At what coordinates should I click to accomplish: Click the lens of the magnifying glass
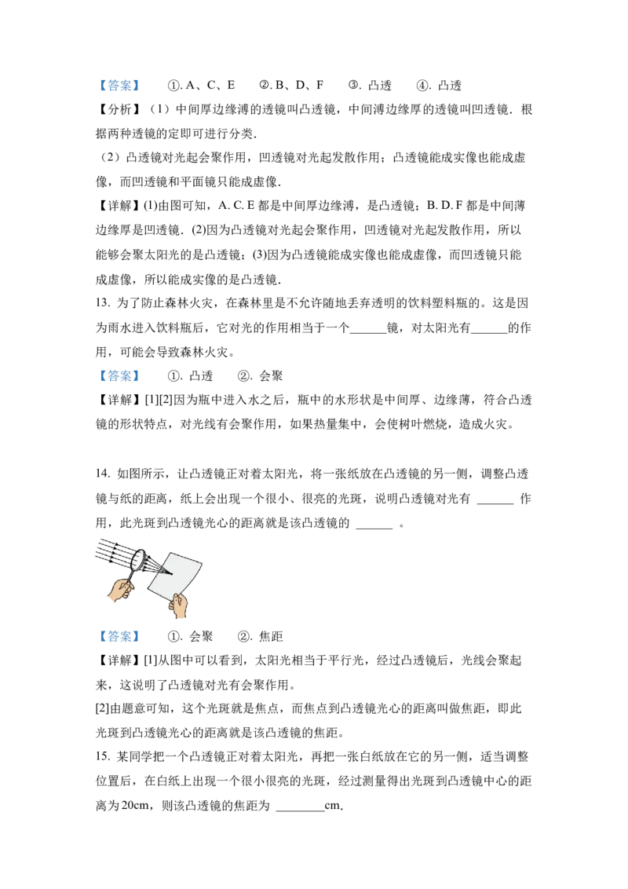click(x=137, y=560)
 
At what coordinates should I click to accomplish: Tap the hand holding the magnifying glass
click(x=120, y=590)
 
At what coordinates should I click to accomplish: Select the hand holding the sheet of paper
click(x=178, y=605)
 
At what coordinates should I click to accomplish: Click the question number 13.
click(x=103, y=303)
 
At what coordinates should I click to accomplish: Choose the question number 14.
click(x=103, y=474)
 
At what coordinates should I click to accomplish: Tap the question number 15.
click(x=103, y=756)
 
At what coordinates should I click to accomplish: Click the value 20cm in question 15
click(x=135, y=805)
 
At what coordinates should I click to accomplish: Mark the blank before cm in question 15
click(x=300, y=810)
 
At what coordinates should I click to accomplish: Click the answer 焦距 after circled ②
click(x=271, y=636)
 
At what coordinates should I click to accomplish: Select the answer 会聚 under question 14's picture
click(x=201, y=636)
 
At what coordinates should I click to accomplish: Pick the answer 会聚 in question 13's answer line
click(x=271, y=376)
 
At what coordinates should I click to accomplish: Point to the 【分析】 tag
click(x=115, y=109)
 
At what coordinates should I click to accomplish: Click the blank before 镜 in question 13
click(x=368, y=332)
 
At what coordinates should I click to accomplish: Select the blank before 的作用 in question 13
click(x=488, y=332)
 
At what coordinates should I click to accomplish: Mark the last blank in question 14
click(x=374, y=527)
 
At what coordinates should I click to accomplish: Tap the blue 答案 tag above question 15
click(x=119, y=636)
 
